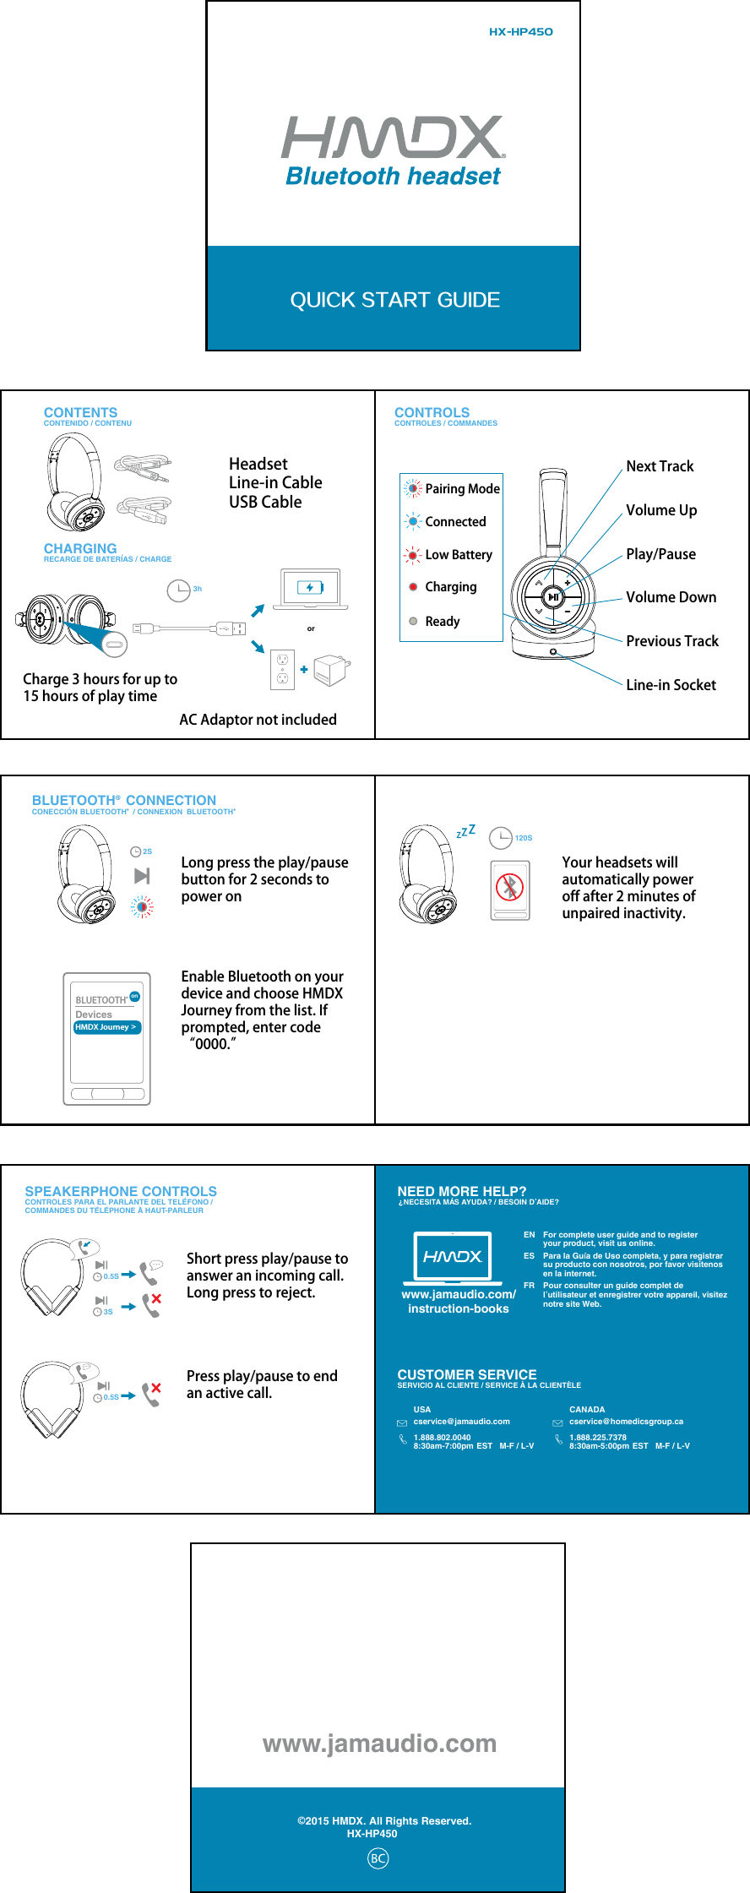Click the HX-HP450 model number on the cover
(520, 32)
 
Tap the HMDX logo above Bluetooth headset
(393, 138)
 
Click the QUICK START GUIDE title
(394, 300)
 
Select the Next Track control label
(659, 466)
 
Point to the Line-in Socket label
(671, 685)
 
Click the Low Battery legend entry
(458, 555)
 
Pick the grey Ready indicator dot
(413, 621)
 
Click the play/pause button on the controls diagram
(552, 597)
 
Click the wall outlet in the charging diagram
(283, 669)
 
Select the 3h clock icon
(179, 590)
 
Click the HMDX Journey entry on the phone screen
(106, 1027)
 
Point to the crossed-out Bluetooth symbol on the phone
(510, 887)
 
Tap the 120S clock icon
(502, 838)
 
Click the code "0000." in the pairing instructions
(212, 1044)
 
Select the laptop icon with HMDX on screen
(453, 1258)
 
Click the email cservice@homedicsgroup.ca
(626, 1422)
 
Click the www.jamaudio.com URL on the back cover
(379, 1743)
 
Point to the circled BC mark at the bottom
(378, 1858)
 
